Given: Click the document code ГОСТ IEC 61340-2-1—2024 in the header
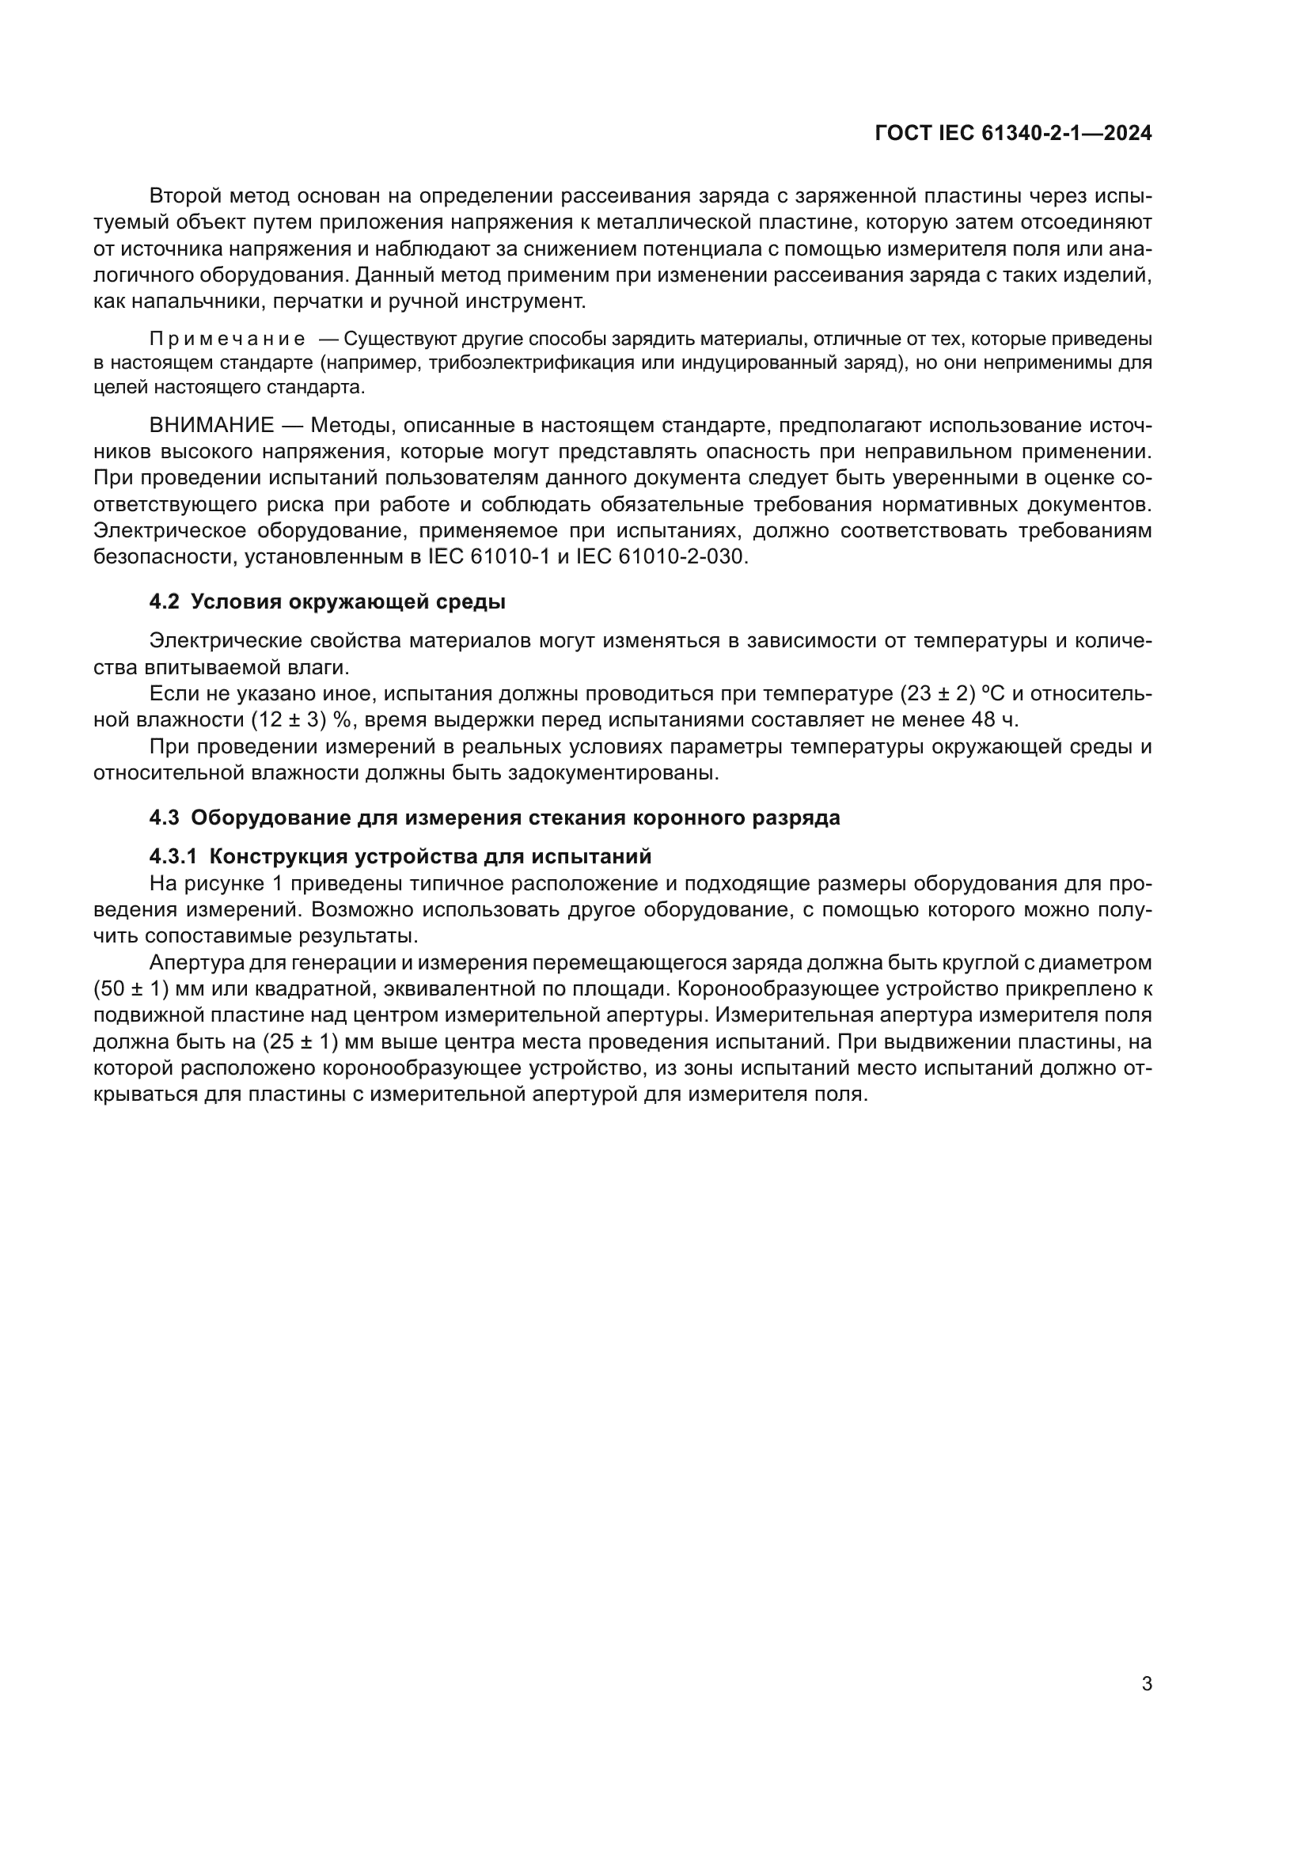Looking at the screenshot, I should tap(1012, 134).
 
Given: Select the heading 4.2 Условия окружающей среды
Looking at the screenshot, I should tap(328, 602).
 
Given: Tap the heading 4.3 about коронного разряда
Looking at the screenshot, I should tap(494, 817).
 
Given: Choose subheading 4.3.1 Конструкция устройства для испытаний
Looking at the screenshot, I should tap(400, 856).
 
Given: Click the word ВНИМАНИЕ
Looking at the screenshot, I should tap(211, 425).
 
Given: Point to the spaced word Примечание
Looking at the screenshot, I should tap(227, 339).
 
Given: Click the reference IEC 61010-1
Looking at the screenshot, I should tap(488, 557).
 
